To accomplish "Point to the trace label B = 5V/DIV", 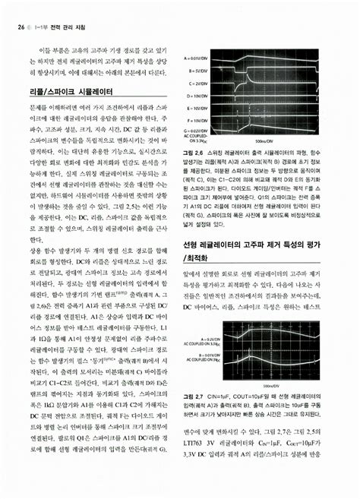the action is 196,71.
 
